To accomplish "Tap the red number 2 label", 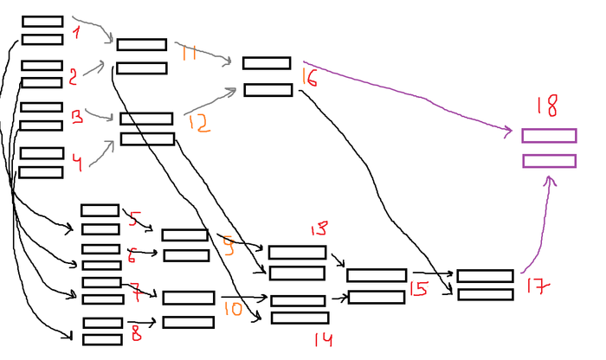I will click(73, 76).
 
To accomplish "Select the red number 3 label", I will click(77, 116).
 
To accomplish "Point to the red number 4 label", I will click(78, 162).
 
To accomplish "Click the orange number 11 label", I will click(189, 53).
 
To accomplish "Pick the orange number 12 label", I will click(197, 123).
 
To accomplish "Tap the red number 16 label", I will click(310, 77).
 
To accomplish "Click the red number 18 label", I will click(546, 106).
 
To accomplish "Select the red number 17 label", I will click(535, 286).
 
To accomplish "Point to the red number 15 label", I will click(419, 289).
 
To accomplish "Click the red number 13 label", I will click(319, 229).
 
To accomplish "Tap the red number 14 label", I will click(323, 339).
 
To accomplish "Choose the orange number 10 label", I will click(231, 307).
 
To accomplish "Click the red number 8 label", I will click(135, 331).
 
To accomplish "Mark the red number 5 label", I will click(133, 218).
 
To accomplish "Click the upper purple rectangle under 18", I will click(549, 136).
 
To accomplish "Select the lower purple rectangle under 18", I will click(549, 161).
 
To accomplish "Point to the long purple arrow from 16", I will click(407, 95).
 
